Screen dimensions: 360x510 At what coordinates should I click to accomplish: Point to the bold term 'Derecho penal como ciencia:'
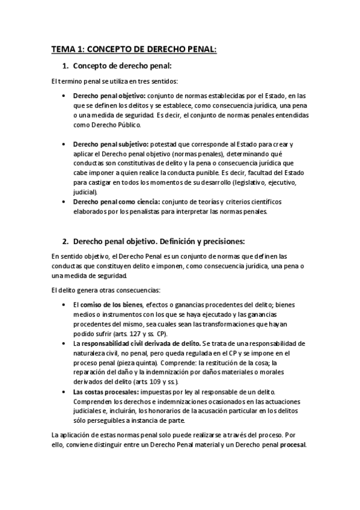click(x=116, y=201)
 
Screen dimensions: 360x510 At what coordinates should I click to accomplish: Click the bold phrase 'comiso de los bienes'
click(x=112, y=305)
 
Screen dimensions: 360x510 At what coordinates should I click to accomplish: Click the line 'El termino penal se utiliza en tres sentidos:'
click(x=114, y=81)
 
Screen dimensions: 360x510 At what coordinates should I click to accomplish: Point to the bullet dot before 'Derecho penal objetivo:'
click(x=65, y=96)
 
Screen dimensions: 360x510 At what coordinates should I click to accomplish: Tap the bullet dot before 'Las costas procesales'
click(x=65, y=391)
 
